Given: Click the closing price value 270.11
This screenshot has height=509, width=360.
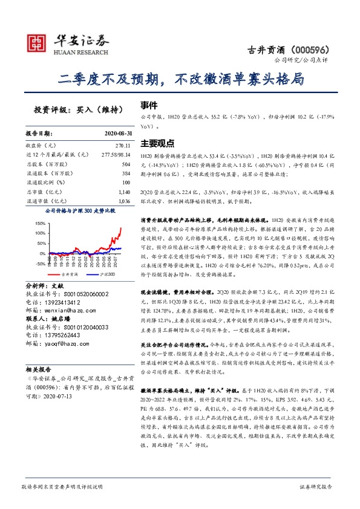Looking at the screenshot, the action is coord(123,146).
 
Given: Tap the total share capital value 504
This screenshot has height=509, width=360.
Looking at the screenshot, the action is coord(126,164).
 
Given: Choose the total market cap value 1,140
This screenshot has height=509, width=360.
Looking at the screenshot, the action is coord(123,191).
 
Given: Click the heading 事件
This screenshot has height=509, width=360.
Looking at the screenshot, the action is coord(149,105).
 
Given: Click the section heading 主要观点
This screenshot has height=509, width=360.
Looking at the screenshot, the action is coord(157,144).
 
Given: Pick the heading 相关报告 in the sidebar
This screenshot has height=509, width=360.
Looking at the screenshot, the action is coord(39,369).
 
